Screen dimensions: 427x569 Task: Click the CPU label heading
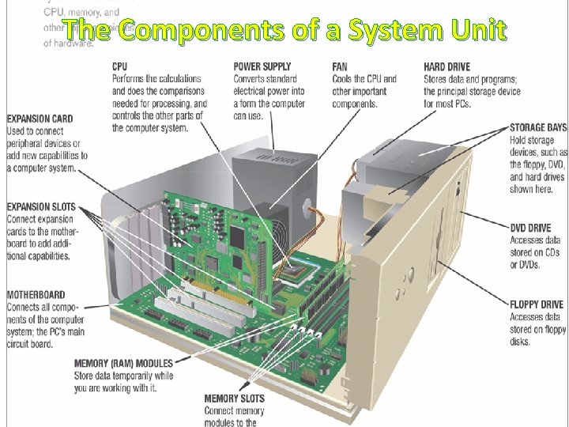coord(120,67)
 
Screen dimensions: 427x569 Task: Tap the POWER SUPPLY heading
coord(262,67)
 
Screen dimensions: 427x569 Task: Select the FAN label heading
coord(340,67)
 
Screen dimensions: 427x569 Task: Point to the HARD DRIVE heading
coord(446,67)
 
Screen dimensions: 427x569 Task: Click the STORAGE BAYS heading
coord(538,127)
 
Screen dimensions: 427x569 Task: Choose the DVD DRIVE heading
coord(530,229)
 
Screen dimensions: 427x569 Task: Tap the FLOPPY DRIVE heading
coord(537,304)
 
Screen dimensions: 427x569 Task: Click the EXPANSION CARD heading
coord(40,119)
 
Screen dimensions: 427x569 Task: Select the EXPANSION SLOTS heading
coord(41,207)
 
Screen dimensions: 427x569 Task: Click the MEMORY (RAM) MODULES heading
coord(124,364)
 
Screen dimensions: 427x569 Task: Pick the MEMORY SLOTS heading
coord(235,399)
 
